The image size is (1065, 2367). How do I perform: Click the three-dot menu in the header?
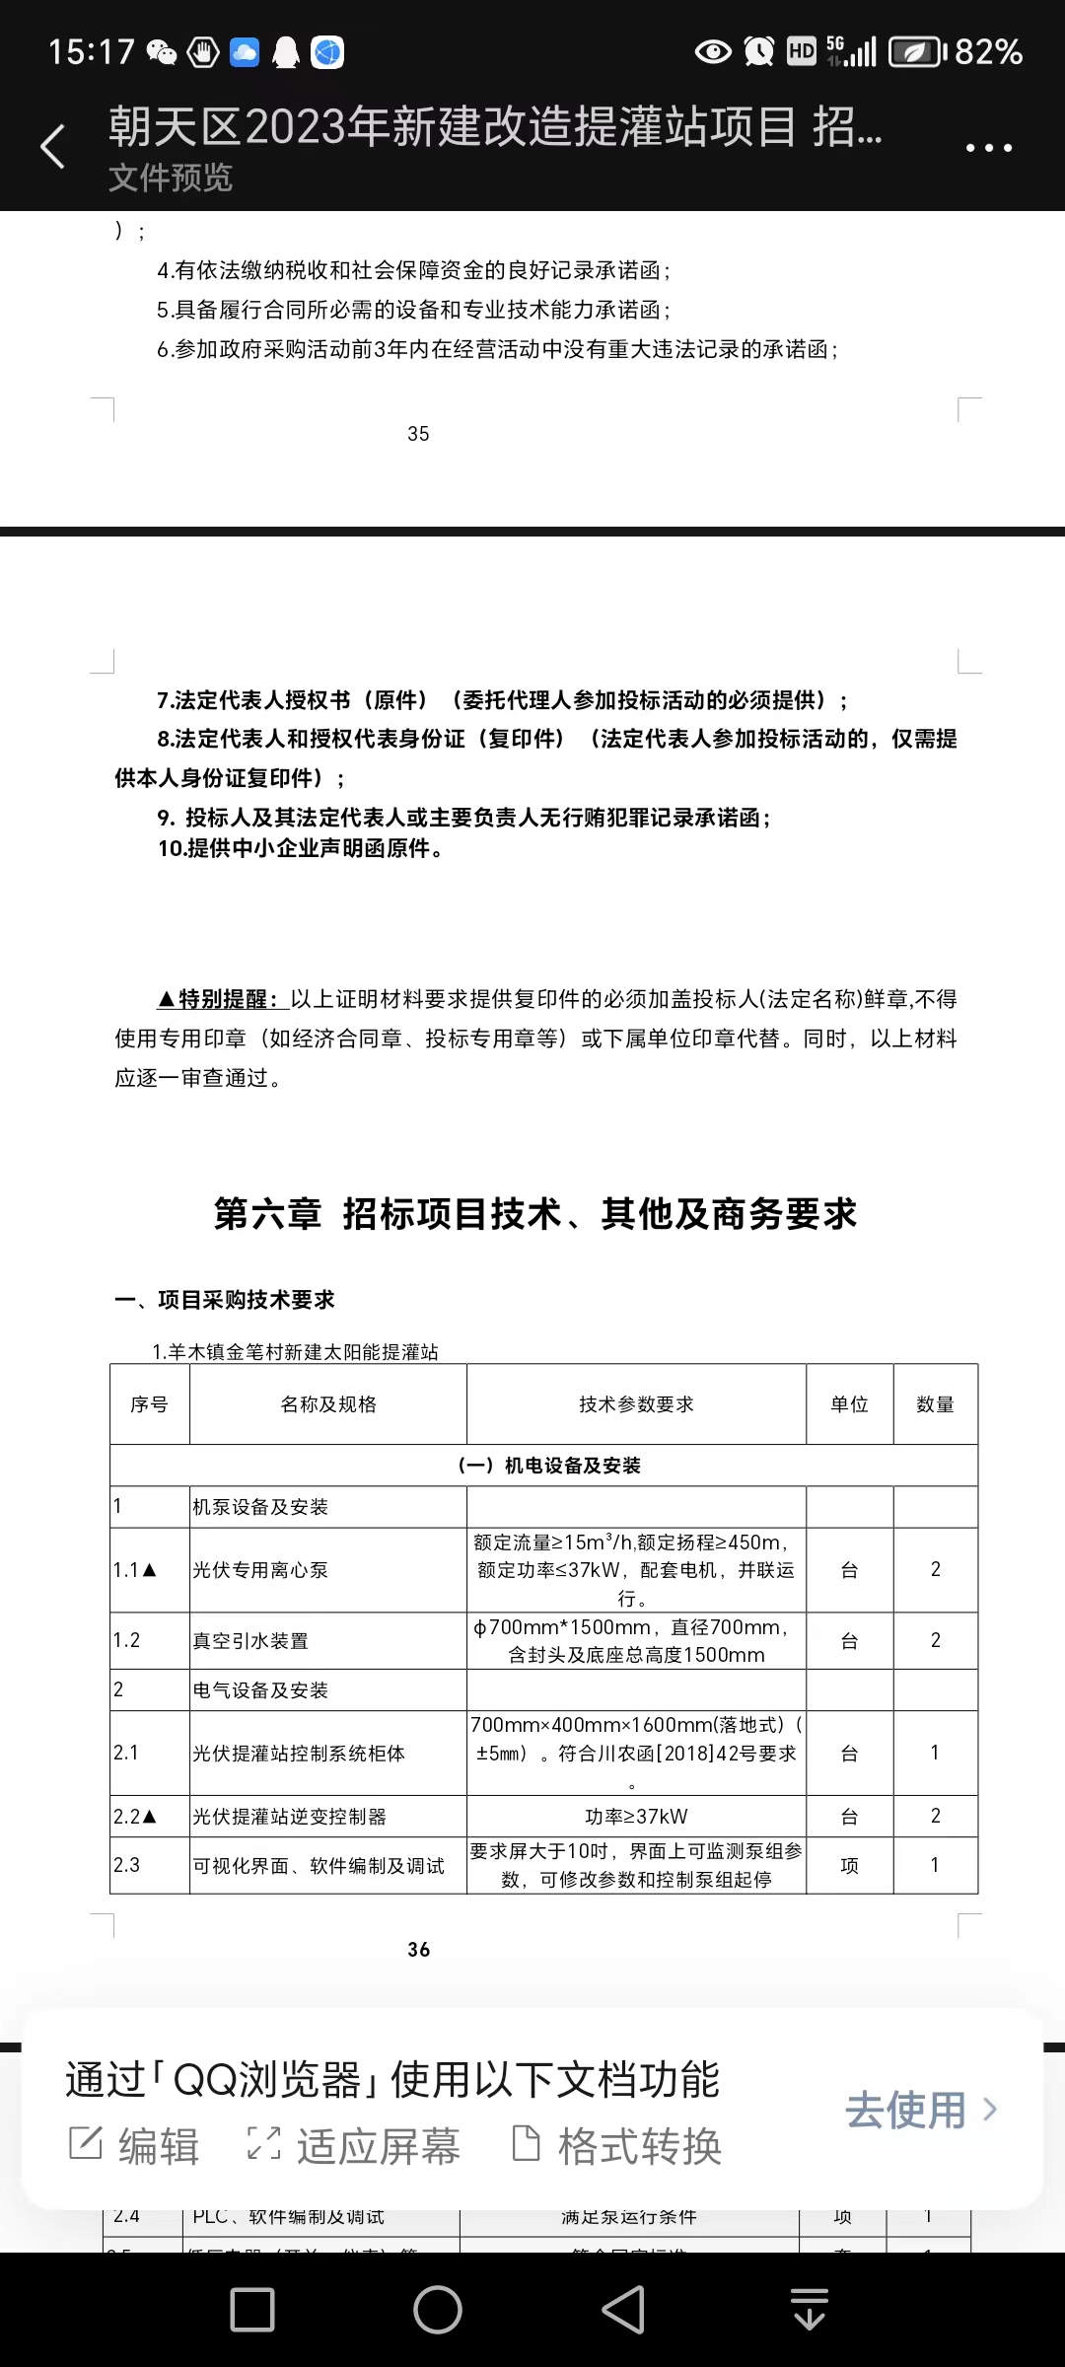point(988,148)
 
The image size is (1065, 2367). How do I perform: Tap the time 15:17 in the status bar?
point(91,51)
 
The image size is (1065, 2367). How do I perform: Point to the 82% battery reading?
point(988,51)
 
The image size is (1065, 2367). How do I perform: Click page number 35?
point(418,434)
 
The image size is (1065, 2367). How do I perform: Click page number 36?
point(418,1949)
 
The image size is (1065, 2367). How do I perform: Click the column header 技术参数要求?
point(636,1404)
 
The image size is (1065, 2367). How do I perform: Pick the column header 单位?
point(849,1404)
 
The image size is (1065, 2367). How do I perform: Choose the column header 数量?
point(935,1404)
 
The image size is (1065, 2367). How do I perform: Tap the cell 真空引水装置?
point(250,1641)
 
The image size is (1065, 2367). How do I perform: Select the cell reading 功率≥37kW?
point(636,1817)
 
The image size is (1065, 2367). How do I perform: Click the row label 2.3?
point(127,1865)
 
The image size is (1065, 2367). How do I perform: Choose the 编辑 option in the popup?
point(135,2146)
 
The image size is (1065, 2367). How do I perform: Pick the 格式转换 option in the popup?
point(617,2146)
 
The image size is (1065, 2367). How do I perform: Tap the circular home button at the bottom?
point(438,2310)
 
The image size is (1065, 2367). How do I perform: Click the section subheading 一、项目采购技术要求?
point(225,1300)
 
